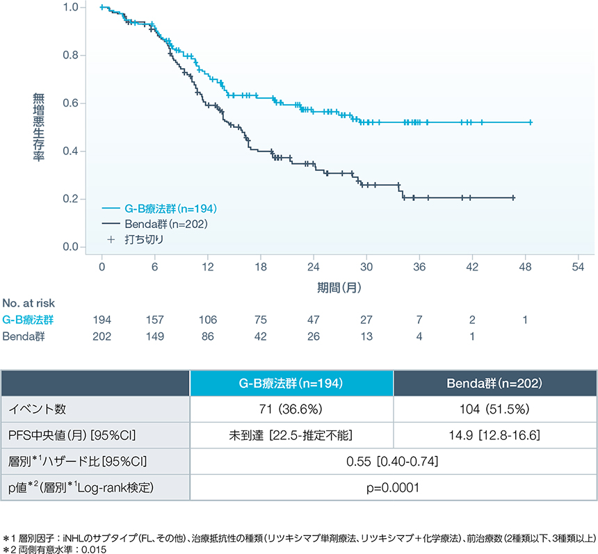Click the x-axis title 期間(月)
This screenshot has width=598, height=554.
pyautogui.click(x=340, y=285)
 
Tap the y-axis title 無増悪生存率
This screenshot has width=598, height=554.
pyautogui.click(x=39, y=127)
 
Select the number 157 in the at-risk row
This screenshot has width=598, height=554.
pyautogui.click(x=155, y=320)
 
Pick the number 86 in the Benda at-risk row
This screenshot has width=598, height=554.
pyautogui.click(x=208, y=336)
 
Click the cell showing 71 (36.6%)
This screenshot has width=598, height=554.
pyautogui.click(x=291, y=410)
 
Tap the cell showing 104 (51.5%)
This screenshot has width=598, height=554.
pyautogui.click(x=494, y=410)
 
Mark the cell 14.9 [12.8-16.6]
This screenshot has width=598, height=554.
pyautogui.click(x=494, y=436)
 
